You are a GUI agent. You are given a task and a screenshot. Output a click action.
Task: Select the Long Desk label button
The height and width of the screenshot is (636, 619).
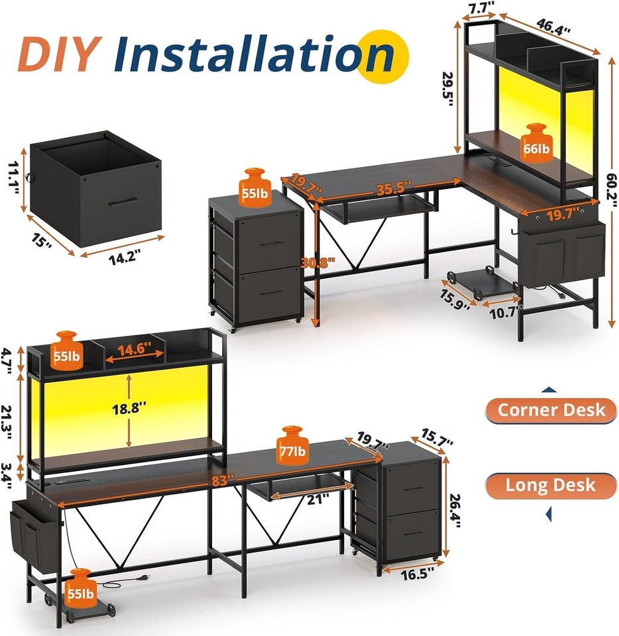point(551,485)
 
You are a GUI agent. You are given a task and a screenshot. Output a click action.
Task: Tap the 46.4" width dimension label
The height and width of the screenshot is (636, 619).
point(555,26)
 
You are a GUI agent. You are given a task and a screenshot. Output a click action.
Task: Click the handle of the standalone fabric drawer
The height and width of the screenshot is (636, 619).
point(123,201)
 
